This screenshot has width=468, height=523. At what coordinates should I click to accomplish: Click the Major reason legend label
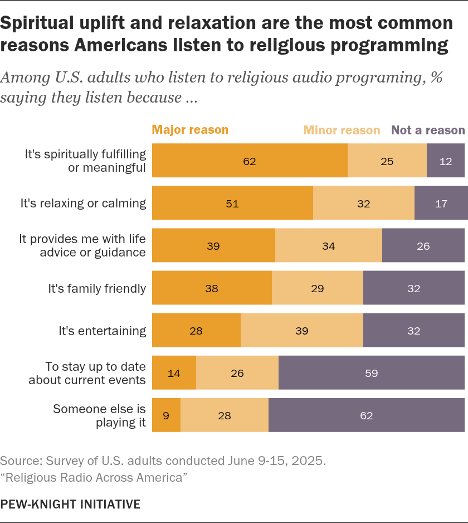pyautogui.click(x=190, y=130)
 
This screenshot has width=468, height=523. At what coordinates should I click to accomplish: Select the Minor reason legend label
pyautogui.click(x=342, y=130)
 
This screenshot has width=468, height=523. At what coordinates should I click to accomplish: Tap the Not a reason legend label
pyautogui.click(x=428, y=130)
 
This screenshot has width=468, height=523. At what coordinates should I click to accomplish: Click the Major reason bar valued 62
pyautogui.click(x=250, y=161)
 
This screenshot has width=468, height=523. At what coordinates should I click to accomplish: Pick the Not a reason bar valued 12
pyautogui.click(x=446, y=161)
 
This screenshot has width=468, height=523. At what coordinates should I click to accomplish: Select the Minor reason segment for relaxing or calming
pyautogui.click(x=364, y=203)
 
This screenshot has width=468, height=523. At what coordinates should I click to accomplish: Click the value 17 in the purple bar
pyautogui.click(x=441, y=204)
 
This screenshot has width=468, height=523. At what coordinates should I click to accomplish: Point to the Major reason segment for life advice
pyautogui.click(x=214, y=245)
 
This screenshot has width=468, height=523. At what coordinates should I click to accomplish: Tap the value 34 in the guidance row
pyautogui.click(x=328, y=246)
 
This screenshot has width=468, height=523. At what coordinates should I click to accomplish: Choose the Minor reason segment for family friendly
pyautogui.click(x=318, y=288)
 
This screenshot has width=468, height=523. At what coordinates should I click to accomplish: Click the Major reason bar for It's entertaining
pyautogui.click(x=196, y=330)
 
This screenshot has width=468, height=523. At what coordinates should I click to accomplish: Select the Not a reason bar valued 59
pyautogui.click(x=372, y=372)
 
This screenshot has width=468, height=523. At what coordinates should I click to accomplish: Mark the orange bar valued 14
pyautogui.click(x=174, y=372)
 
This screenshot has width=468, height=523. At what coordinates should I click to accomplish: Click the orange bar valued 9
pyautogui.click(x=167, y=415)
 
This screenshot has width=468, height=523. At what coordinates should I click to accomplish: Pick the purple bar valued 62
pyautogui.click(x=367, y=415)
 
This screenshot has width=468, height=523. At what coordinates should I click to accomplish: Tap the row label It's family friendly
pyautogui.click(x=97, y=288)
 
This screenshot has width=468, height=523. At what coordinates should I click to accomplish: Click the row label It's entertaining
pyautogui.click(x=103, y=331)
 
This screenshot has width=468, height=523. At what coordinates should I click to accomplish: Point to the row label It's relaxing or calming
pyautogui.click(x=84, y=203)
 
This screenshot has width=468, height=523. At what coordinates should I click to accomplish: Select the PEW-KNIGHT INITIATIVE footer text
pyautogui.click(x=70, y=504)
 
